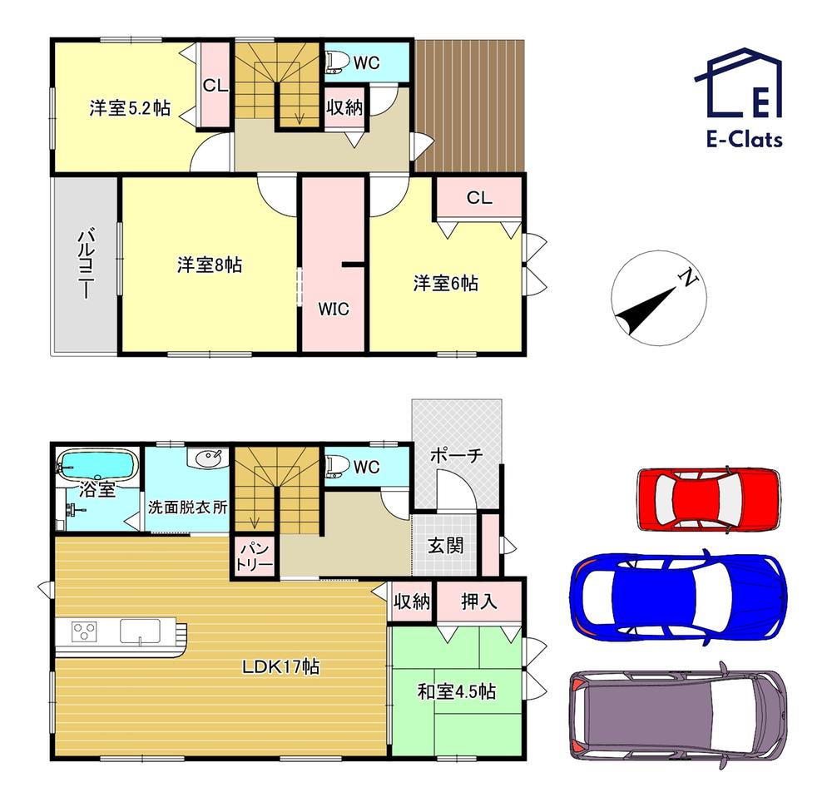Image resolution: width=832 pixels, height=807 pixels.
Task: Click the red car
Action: point(709,499)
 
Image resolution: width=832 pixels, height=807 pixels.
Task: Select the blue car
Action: point(678,594)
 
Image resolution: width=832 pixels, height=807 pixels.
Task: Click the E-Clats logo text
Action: point(745,140)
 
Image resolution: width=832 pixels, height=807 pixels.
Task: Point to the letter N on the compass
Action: point(689,278)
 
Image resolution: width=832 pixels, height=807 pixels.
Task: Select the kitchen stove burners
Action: point(84,632)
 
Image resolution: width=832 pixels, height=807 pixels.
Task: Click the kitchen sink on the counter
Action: point(140,631)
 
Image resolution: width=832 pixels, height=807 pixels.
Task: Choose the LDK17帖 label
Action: point(280,666)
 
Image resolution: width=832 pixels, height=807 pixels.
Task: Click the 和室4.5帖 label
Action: point(456,691)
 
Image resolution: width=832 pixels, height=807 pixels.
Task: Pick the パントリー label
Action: point(254,557)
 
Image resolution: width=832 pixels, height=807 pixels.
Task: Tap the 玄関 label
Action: point(445,545)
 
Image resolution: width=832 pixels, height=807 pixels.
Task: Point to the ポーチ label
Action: point(456,455)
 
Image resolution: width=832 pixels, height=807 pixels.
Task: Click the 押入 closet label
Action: point(478,602)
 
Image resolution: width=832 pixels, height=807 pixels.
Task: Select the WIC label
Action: point(334,309)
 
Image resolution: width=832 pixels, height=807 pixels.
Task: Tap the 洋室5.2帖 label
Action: point(130,108)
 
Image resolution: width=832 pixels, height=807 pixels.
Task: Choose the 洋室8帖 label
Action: point(210,265)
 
